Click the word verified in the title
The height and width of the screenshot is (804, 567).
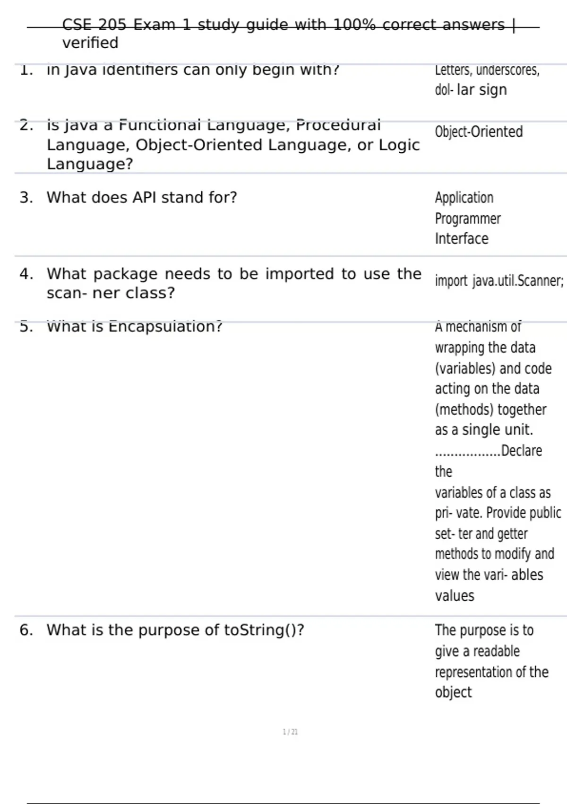pyautogui.click(x=90, y=43)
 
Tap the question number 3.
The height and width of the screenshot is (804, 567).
pyautogui.click(x=26, y=198)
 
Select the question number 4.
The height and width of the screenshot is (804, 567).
pyautogui.click(x=26, y=274)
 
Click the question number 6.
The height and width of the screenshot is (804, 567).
pyautogui.click(x=26, y=630)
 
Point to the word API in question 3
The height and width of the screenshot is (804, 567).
pyautogui.click(x=144, y=198)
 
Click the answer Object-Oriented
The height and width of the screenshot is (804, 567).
pyautogui.click(x=479, y=131)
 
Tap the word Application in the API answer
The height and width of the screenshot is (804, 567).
pyautogui.click(x=464, y=198)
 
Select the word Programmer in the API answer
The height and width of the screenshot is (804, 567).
pyautogui.click(x=468, y=218)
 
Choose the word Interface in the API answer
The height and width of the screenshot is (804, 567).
pyautogui.click(x=462, y=239)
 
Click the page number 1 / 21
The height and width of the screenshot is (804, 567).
pyautogui.click(x=290, y=732)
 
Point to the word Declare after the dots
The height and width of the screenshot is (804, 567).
pyautogui.click(x=521, y=451)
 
